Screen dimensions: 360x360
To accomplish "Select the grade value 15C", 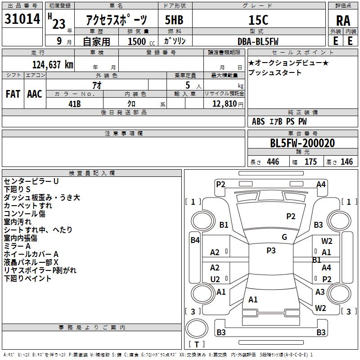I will [258, 20].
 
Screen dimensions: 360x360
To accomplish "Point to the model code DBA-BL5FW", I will [258, 41].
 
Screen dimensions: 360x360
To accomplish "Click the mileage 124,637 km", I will [53, 64].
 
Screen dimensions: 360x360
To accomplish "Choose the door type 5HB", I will [174, 20].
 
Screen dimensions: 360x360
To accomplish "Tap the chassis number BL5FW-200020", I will [302, 143].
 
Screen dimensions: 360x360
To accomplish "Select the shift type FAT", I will [13, 94].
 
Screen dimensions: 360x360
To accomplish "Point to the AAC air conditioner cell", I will [34, 94].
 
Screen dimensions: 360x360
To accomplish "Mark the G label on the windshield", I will [284, 237].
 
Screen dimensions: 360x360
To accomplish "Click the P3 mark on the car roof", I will [271, 251].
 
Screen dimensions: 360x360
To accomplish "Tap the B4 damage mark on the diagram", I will [195, 240].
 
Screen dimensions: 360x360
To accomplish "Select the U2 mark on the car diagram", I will [215, 279].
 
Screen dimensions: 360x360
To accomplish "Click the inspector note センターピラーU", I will [31, 181].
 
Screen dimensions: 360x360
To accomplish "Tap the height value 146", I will [346, 162].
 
